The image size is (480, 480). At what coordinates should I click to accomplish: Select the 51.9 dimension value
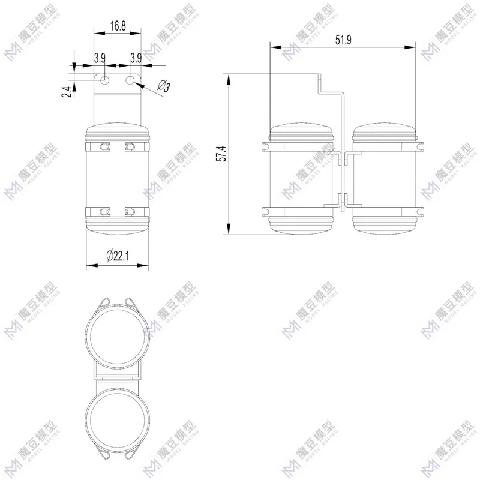click(343, 40)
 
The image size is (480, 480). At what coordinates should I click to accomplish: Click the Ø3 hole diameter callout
click(163, 87)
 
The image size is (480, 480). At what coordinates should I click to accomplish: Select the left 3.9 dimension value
click(100, 58)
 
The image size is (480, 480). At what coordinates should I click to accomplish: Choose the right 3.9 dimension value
click(135, 58)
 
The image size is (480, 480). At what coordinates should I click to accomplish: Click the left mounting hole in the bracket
click(104, 80)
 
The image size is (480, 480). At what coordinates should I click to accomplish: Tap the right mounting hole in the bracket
click(130, 80)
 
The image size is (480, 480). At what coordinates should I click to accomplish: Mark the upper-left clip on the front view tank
click(104, 146)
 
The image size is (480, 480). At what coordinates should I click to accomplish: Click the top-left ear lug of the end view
click(103, 302)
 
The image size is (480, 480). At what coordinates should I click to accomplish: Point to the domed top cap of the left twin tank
click(301, 131)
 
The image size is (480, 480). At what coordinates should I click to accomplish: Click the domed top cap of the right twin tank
click(384, 131)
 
